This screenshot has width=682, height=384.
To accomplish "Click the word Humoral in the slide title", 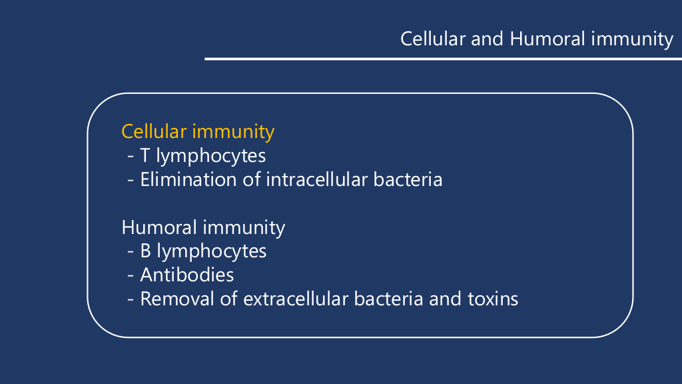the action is tap(547, 39).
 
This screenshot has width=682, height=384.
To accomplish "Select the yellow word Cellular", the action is tap(154, 131).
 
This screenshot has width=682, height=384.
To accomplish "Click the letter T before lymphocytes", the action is tap(145, 156).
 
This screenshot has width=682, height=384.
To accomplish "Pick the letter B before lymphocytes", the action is tap(145, 251).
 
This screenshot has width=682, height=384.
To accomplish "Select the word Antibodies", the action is tap(187, 275).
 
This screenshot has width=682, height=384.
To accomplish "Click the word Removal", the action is tap(177, 299).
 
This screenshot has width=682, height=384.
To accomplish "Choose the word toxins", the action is tap(493, 299).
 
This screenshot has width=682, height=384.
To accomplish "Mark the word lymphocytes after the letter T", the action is tap(211, 157).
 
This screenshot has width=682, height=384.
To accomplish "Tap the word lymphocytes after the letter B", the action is tap(211, 252).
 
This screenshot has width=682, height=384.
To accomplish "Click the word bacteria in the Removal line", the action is tap(388, 299).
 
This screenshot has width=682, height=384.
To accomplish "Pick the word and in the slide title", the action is tap(487, 39).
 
